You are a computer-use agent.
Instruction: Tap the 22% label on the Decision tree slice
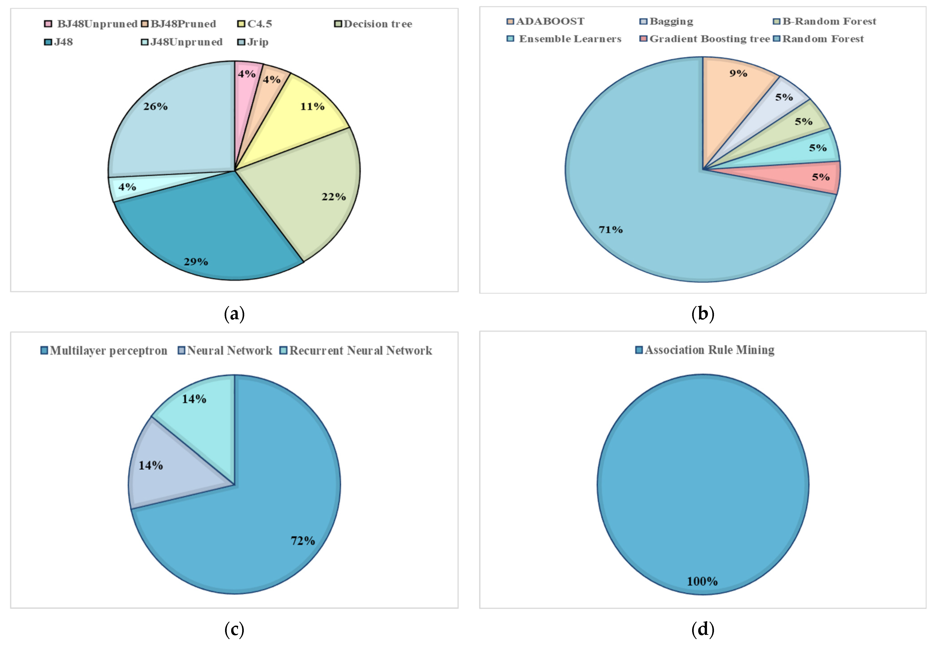[x=333, y=197]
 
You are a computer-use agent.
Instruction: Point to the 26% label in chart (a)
[x=155, y=106]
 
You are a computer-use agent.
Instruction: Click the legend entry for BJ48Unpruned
[x=91, y=24]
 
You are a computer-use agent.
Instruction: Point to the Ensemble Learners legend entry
[x=564, y=39]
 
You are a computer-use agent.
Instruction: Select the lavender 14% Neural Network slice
[x=170, y=469]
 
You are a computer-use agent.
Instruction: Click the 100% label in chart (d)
[x=702, y=581]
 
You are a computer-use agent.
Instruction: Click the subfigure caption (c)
[x=234, y=629]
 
